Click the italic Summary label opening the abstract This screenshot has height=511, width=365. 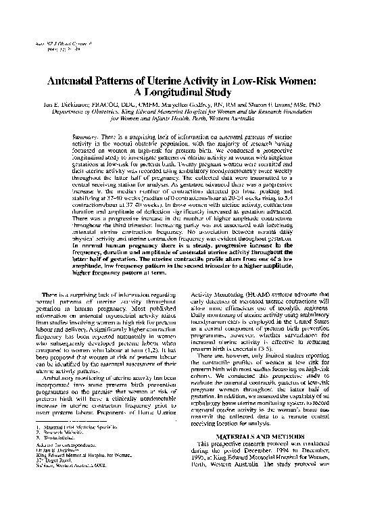coord(83,136)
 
